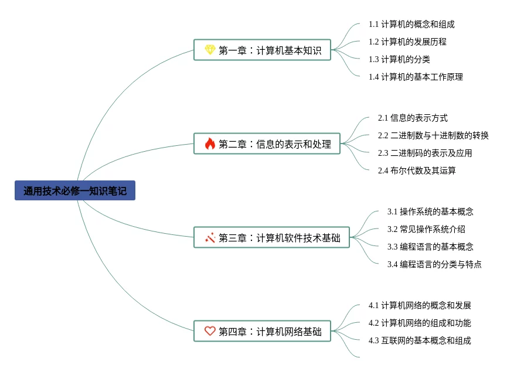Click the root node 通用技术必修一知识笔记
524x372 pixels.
coord(75,190)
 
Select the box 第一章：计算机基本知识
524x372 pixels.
coord(262,50)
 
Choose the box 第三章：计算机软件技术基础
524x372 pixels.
coord(271,237)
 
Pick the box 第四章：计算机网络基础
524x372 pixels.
coord(262,331)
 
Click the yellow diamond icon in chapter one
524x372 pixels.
coord(210,50)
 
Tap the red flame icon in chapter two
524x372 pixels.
coord(210,144)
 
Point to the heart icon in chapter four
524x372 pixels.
coord(210,331)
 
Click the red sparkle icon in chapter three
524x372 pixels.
coord(210,237)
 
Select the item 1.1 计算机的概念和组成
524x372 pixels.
coord(411,24)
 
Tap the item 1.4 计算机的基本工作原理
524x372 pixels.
coord(416,77)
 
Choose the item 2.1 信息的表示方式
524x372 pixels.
coord(413,118)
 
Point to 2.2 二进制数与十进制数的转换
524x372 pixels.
coord(433,135)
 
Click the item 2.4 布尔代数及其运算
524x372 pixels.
coord(417,170)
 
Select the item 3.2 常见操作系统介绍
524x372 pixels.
coord(426,229)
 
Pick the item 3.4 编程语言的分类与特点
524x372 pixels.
coord(434,264)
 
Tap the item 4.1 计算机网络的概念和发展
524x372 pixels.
coord(420,305)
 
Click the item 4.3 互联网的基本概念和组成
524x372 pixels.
coord(420,340)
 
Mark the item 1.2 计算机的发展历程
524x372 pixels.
coord(407,42)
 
